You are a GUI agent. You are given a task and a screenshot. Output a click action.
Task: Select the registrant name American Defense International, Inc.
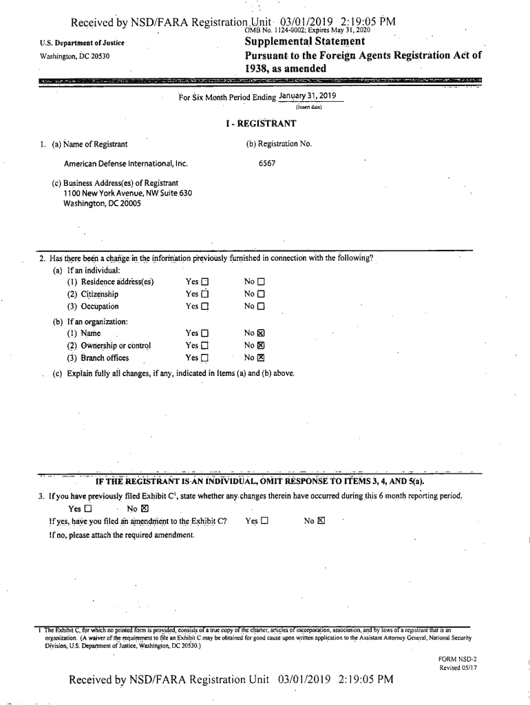coord(125,164)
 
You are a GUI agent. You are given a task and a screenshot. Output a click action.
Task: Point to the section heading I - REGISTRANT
coord(265,124)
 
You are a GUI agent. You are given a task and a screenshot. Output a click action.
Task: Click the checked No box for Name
coord(261,333)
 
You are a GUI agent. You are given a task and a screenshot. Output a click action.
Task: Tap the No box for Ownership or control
coord(261,346)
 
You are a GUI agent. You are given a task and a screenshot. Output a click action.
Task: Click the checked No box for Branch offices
coord(261,358)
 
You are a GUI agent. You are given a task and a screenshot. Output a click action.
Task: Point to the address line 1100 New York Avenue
coord(127,193)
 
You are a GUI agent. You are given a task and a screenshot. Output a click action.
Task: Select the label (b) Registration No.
coord(279,144)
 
